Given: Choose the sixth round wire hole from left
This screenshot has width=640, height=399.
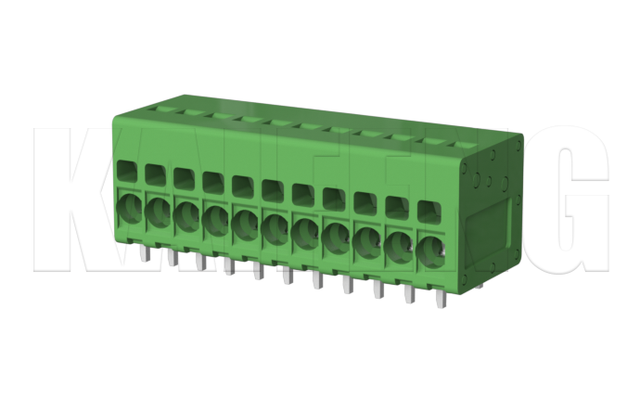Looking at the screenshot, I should [275, 226].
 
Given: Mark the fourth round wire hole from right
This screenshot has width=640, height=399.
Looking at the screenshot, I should [336, 236].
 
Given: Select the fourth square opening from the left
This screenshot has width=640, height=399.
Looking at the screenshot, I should [213, 182].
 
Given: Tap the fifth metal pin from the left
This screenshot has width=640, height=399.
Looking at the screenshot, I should [256, 269].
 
